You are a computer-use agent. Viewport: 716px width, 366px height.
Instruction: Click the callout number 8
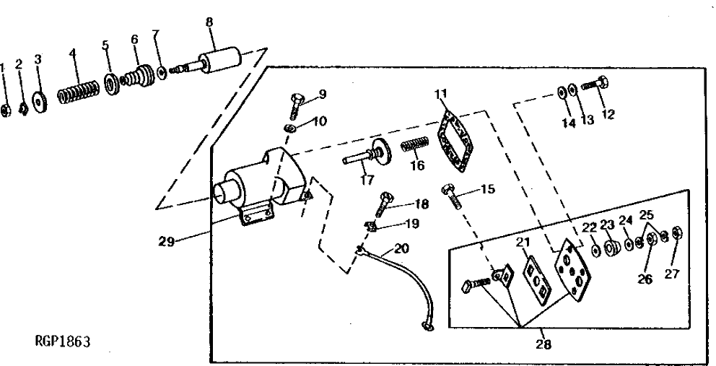(x=209, y=22)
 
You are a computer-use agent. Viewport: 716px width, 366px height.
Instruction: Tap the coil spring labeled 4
(x=79, y=93)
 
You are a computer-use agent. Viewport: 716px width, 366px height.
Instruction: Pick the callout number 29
(x=167, y=242)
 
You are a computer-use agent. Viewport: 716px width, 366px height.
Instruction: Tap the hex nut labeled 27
(x=678, y=234)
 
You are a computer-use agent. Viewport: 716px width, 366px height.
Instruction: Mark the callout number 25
(x=647, y=215)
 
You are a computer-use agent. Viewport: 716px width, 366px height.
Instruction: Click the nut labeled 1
(x=4, y=110)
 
